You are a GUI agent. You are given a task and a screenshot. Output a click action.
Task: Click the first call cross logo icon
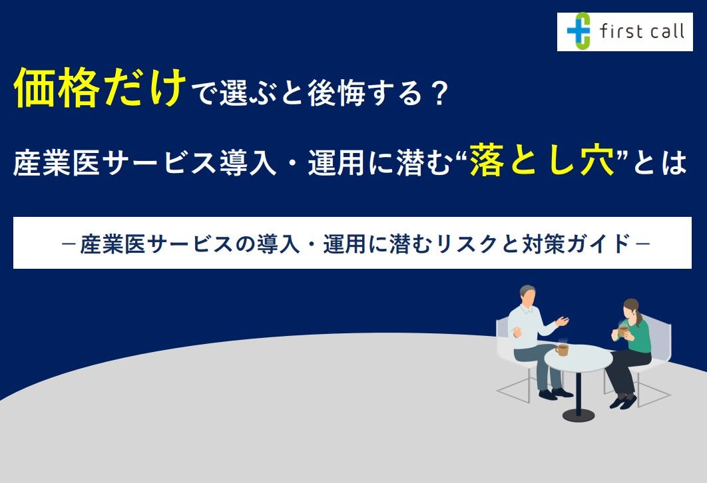pos(579,31)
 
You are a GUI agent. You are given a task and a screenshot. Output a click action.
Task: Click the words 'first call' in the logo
pos(642,31)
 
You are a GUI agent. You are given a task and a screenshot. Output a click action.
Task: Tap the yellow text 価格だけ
pos(100,87)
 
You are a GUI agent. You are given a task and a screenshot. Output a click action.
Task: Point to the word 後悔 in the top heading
pos(336,94)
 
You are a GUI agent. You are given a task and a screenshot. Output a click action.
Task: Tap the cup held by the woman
pos(623,331)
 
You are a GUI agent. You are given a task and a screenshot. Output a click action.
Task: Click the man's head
pos(527,295)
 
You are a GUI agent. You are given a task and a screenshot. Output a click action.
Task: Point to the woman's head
pos(631,309)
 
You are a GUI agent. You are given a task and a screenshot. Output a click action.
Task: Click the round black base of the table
pos(579,414)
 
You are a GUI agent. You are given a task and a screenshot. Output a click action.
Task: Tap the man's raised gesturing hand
pos(562,321)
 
